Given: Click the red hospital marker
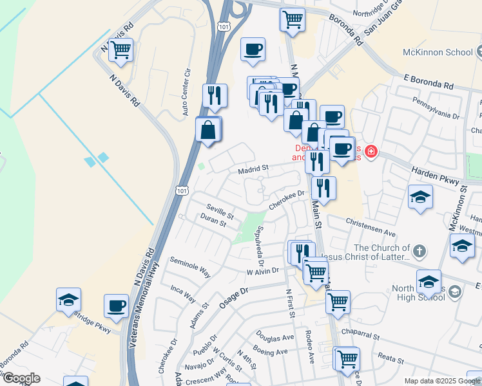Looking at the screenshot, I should tap(371, 152).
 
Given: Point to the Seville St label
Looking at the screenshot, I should tap(219, 209).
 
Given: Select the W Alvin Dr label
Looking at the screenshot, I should tap(262, 271).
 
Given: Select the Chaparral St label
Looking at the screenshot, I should tap(361, 335).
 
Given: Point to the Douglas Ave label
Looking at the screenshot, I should tap(275, 338).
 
